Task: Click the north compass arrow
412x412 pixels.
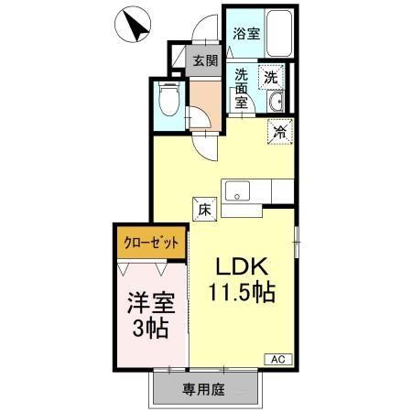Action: point(136,25)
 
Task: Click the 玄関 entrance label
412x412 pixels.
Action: point(205,60)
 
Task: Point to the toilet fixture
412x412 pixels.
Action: point(168,98)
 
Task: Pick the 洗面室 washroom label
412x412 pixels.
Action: point(243,89)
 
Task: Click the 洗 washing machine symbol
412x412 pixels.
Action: point(271,77)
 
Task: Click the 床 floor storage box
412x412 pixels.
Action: point(205,208)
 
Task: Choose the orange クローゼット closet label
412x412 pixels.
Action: point(151,244)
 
